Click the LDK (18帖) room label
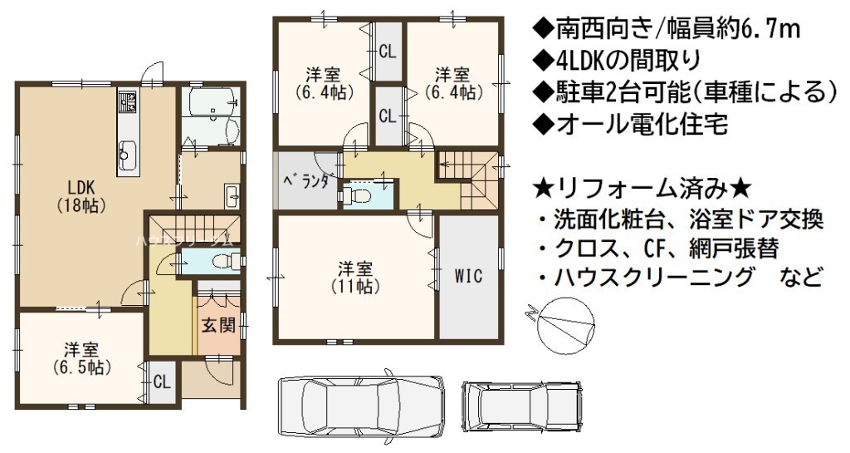81,196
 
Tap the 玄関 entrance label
218,325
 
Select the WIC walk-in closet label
468,276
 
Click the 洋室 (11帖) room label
355,278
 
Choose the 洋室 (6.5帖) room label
82,358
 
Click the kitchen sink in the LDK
127,151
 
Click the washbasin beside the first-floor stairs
232,195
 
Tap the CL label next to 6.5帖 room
162,382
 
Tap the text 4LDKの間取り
617,60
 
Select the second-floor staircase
468,177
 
